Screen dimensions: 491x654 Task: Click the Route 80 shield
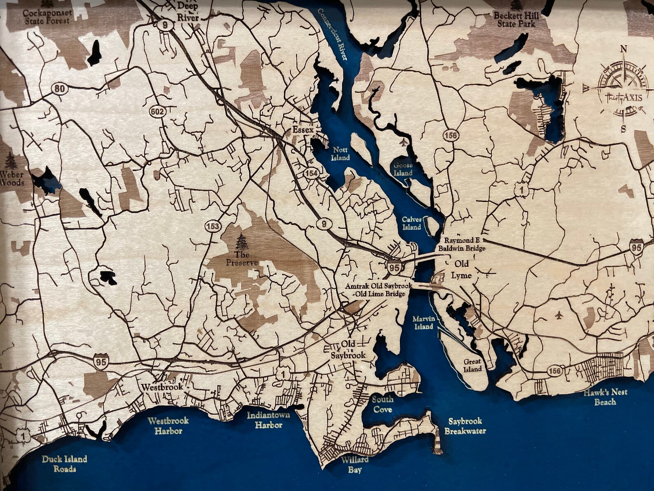[x=59, y=88]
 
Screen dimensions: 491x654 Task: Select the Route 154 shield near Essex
[x=312, y=174]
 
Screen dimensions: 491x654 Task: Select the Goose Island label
[x=402, y=169]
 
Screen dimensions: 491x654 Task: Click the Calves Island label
[x=411, y=223]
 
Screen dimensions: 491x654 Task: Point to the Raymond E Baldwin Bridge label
[x=462, y=244]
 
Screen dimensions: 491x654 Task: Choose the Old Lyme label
[x=462, y=270]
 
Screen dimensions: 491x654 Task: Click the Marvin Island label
[x=424, y=322]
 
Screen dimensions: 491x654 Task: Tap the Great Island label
[x=472, y=365]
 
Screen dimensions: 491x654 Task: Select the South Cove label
[x=383, y=404]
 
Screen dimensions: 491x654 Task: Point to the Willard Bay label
[x=354, y=465]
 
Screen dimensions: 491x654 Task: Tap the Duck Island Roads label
[x=65, y=464]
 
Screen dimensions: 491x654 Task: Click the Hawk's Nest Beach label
[x=605, y=397]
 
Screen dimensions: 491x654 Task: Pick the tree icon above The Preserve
[x=241, y=242]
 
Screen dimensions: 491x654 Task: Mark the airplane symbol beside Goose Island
[x=403, y=143]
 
